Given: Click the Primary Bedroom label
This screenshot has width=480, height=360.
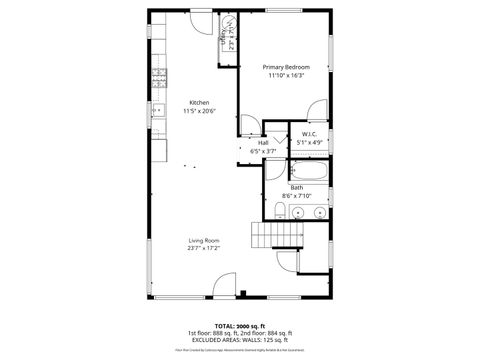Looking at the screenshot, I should pos(285,68).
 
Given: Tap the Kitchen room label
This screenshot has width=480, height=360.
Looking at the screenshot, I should pos(199,103).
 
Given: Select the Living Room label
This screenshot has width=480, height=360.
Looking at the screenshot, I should pos(204,240).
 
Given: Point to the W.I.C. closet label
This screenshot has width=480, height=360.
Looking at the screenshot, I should pos(309,134).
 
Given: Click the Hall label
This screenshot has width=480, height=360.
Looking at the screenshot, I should pos(263,142).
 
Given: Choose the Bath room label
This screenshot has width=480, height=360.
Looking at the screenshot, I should pos(297,187).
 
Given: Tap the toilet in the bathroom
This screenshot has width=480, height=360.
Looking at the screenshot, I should pos(279,209).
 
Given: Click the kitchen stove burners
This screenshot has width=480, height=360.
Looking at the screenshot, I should pos(158,78).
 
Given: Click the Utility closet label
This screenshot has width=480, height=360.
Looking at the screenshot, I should pos(222,37).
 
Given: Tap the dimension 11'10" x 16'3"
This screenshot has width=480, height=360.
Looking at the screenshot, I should pos(285,76).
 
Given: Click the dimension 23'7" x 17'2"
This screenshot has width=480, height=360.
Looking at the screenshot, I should pos(204,248).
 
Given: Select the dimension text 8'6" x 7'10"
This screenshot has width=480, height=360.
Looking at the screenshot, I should pos(297,195).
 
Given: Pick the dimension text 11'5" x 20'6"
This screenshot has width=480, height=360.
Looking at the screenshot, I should pos(199,111).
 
